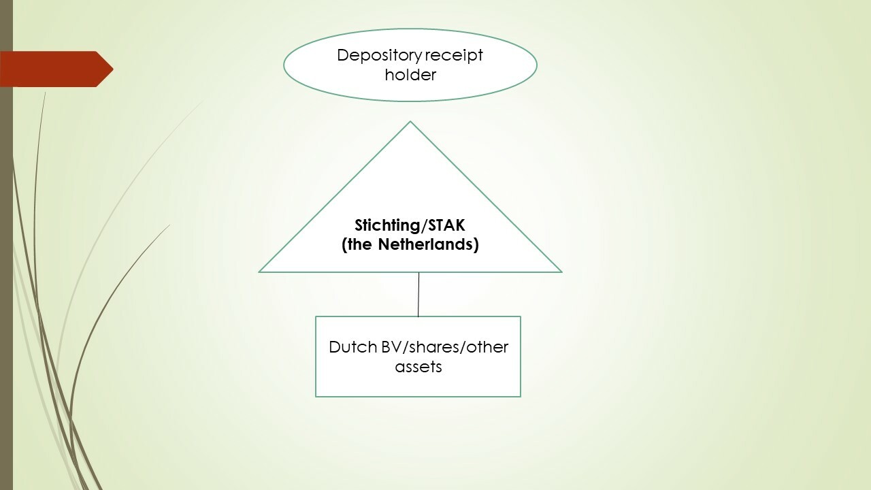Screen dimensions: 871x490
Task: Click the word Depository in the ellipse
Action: coord(380,56)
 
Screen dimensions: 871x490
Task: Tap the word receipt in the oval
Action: coord(454,56)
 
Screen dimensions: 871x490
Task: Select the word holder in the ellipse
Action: coord(410,74)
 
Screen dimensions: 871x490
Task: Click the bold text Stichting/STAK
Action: coord(410,225)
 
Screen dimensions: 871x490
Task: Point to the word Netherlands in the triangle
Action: coord(428,244)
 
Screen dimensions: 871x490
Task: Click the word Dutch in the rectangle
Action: coord(353,347)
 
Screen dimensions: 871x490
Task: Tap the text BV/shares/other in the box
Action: coord(444,347)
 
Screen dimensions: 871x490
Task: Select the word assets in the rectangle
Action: coord(418,367)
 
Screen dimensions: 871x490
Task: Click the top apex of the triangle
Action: coord(410,122)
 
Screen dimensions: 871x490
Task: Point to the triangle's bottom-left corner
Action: coord(259,272)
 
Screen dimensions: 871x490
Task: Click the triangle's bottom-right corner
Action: coord(561,272)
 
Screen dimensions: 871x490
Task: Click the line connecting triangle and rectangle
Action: coord(418,295)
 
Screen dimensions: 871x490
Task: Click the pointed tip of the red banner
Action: coord(113,69)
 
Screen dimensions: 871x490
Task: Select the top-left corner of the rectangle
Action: coord(316,317)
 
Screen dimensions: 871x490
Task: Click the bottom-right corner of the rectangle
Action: coord(521,396)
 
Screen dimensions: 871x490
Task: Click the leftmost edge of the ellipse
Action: coord(284,65)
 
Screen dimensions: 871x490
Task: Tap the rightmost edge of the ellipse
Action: coord(537,65)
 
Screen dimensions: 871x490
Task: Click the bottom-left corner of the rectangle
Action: coord(316,396)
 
